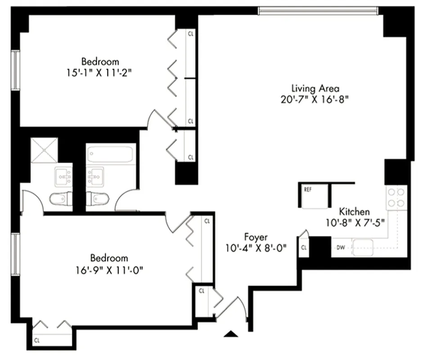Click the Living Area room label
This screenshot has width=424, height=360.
pos(315,88)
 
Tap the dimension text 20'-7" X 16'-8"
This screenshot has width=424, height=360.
pos(315,99)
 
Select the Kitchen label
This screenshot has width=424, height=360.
pos(354,211)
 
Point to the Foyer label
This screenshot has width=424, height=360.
pos(256,237)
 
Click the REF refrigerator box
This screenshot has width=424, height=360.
pos(313,196)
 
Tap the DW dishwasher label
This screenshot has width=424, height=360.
pos(340,247)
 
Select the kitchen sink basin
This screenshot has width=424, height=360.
pos(364,247)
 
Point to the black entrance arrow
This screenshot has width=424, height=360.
pos(231,333)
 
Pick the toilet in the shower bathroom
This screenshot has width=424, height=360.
pos(61,198)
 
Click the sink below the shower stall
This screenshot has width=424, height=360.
pos(63,176)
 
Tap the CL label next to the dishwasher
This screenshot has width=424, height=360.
pos(304,247)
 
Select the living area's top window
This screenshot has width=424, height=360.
pos(318,10)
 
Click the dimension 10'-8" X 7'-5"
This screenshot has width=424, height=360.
pos(354,222)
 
